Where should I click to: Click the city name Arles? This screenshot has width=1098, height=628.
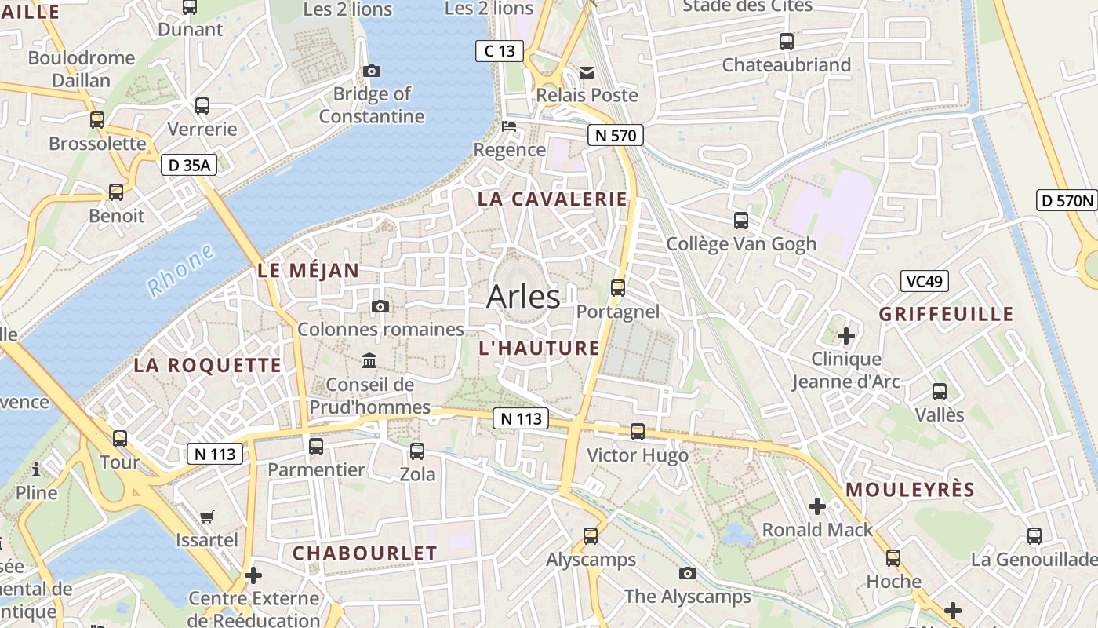[523, 297]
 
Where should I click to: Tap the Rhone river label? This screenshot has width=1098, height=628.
[181, 271]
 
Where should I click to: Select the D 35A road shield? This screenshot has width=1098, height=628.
[189, 165]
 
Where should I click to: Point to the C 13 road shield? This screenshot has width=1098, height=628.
[500, 52]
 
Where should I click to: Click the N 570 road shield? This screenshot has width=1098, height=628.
[616, 135]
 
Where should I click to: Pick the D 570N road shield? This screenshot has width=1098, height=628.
[1067, 200]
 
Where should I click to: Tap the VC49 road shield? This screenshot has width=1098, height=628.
[925, 281]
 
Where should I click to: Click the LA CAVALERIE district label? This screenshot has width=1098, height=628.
[553, 199]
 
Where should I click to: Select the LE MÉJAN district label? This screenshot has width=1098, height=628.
[308, 271]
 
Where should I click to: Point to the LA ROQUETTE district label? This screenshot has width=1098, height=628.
[207, 365]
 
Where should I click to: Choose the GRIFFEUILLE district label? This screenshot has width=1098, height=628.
[946, 315]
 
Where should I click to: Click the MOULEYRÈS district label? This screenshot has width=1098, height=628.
[910, 490]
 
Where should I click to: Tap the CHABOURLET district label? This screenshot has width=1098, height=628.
[365, 553]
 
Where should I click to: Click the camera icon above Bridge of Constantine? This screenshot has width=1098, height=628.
[373, 71]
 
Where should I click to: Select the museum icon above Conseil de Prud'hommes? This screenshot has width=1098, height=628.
[369, 361]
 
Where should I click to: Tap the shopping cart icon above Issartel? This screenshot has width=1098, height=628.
[206, 517]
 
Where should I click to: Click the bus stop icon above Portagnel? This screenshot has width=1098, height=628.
[618, 288]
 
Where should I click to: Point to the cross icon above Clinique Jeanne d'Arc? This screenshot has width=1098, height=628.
[846, 337]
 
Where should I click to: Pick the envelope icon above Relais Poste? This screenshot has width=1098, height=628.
[587, 73]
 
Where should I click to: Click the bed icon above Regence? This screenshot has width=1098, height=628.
[510, 126]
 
